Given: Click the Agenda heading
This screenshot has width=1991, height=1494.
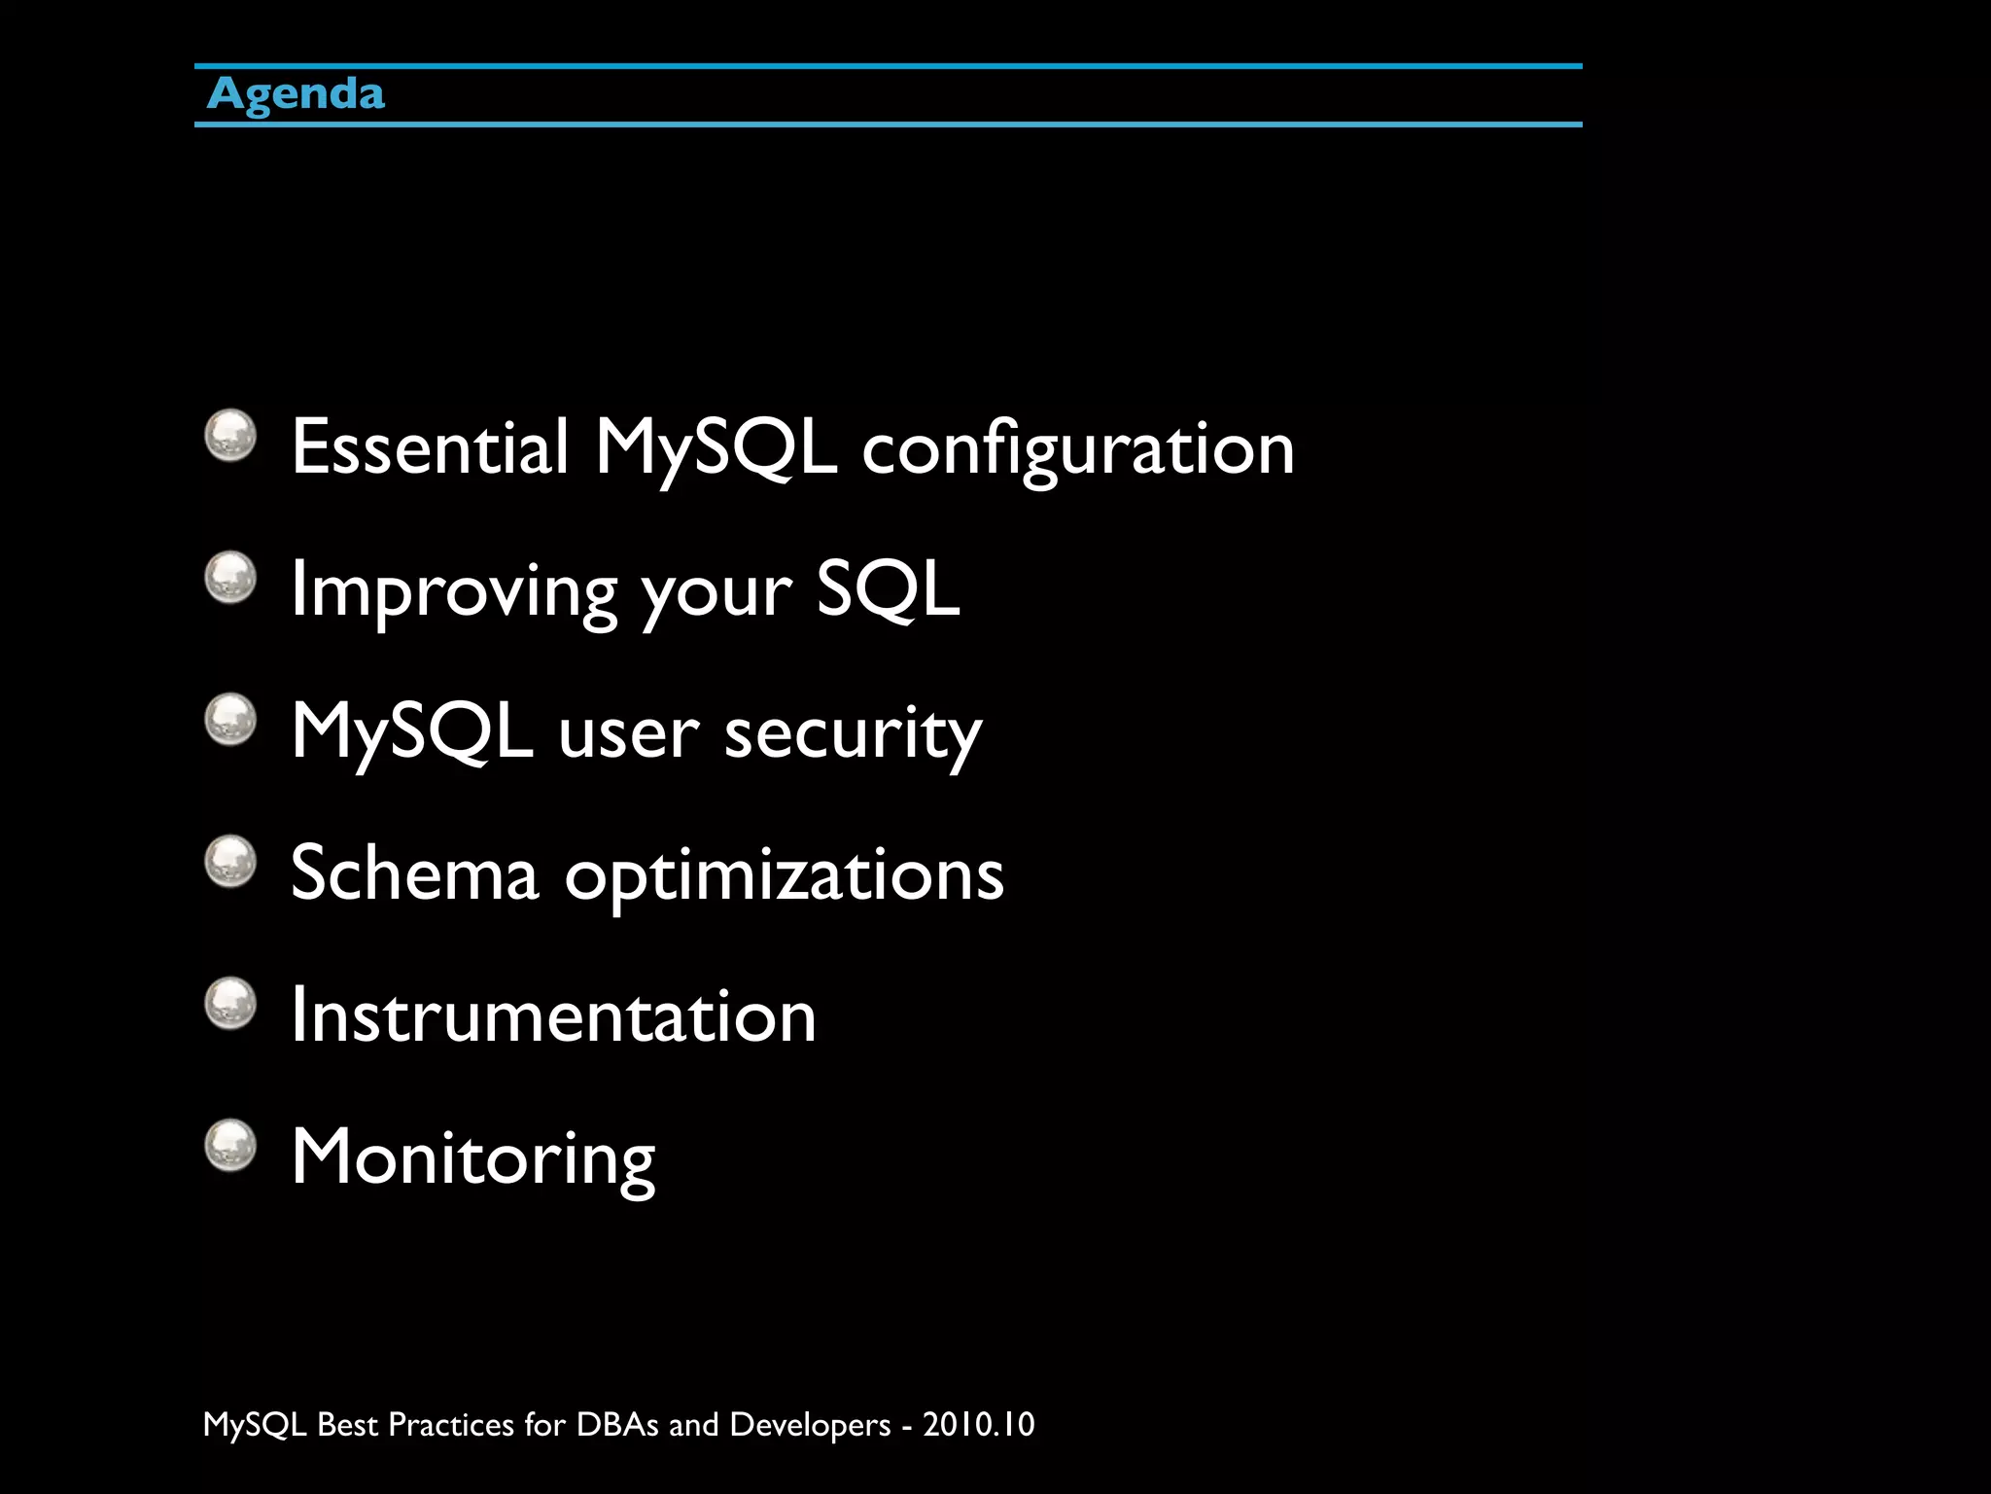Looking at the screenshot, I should pos(296,94).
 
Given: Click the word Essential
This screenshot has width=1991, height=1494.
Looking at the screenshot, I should pos(430,447).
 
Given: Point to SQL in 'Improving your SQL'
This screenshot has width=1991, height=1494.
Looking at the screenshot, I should pos(887,589).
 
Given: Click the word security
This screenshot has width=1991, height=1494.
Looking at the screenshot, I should pos(853,733).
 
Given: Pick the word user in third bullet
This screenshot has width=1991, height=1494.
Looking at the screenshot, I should pos(628,733).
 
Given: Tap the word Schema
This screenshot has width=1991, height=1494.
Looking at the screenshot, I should pos(414,873).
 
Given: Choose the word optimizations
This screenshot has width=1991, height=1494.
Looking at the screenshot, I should pos(784,875).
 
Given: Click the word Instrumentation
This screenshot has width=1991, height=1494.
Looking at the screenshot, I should pos(553,1015).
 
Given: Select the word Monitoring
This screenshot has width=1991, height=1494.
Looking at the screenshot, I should pos(473,1157).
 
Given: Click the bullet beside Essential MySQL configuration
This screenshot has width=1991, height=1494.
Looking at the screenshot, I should pos(230,436).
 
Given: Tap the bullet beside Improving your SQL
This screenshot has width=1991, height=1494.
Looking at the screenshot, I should pos(230,578).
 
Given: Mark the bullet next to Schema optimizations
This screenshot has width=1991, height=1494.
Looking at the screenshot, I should pos(230,862).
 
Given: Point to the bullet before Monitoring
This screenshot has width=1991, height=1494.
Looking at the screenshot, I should pos(230,1145).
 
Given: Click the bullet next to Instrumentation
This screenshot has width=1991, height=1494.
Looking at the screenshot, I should pos(230,1003).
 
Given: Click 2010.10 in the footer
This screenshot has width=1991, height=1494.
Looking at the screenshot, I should pos(978,1424).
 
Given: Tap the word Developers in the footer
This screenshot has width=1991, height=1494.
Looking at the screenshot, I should pos(809,1424).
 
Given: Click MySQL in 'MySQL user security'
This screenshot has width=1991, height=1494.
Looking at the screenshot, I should pos(412,731).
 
